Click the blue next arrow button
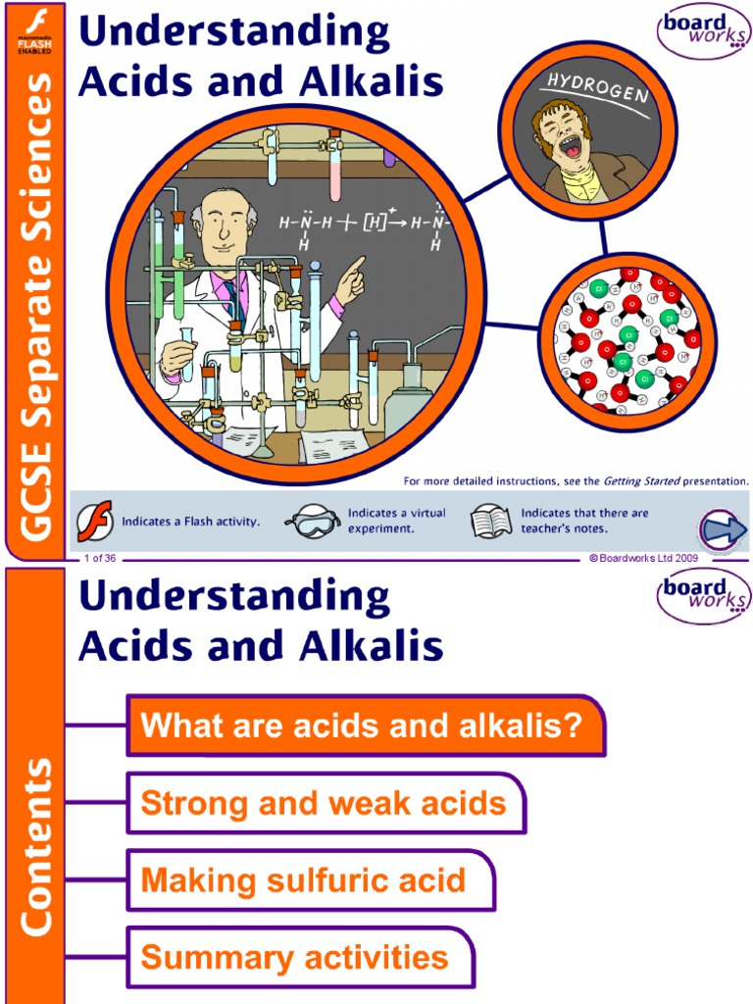tap(724, 530)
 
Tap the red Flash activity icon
tap(96, 521)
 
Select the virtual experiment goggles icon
tap(312, 522)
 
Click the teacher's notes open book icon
tap(491, 521)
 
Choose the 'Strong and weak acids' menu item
tap(325, 804)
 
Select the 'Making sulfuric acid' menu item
tap(304, 880)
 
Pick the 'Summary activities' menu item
tap(295, 957)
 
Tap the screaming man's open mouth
tap(573, 148)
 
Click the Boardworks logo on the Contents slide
tap(703, 597)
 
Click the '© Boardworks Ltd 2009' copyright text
tap(642, 558)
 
